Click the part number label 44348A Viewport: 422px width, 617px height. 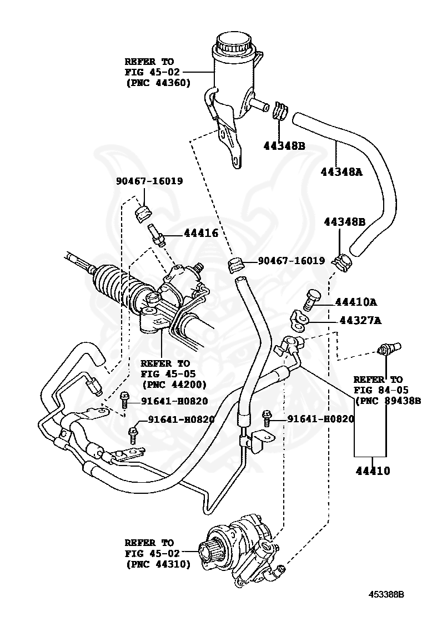pyautogui.click(x=341, y=171)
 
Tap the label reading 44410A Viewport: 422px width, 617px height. pyautogui.click(x=355, y=302)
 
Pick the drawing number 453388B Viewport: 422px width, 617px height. pyautogui.click(x=386, y=594)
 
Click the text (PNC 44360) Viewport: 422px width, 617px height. pyautogui.click(x=158, y=83)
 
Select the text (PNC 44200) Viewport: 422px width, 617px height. pyautogui.click(x=174, y=384)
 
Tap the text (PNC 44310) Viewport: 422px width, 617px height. pyautogui.click(x=158, y=564)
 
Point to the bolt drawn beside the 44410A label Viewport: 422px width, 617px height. pyautogui.click(x=312, y=299)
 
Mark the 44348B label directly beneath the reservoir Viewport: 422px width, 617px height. pyautogui.click(x=284, y=146)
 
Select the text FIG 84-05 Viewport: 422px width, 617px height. pyautogui.click(x=378, y=390)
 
